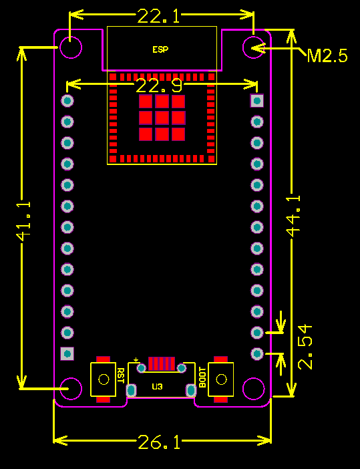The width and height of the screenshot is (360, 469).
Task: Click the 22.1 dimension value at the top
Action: click(158, 16)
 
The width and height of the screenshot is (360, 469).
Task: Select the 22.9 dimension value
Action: click(158, 86)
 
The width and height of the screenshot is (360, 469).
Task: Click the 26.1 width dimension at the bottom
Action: click(159, 442)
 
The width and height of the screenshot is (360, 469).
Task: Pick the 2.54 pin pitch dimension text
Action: click(305, 346)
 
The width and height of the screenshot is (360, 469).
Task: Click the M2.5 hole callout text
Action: click(327, 55)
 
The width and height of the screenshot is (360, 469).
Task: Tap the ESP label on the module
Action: click(160, 50)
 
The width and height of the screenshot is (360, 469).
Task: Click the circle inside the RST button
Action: click(104, 379)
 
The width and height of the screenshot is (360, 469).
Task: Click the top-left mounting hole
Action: click(70, 47)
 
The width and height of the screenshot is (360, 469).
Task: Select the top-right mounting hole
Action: click(254, 47)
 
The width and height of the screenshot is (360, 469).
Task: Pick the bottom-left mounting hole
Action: click(70, 387)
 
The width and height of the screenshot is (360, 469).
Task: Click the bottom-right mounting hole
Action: click(254, 387)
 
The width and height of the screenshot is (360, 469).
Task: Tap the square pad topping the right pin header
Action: click(257, 101)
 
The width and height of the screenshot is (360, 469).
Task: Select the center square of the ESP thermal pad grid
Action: click(162, 118)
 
